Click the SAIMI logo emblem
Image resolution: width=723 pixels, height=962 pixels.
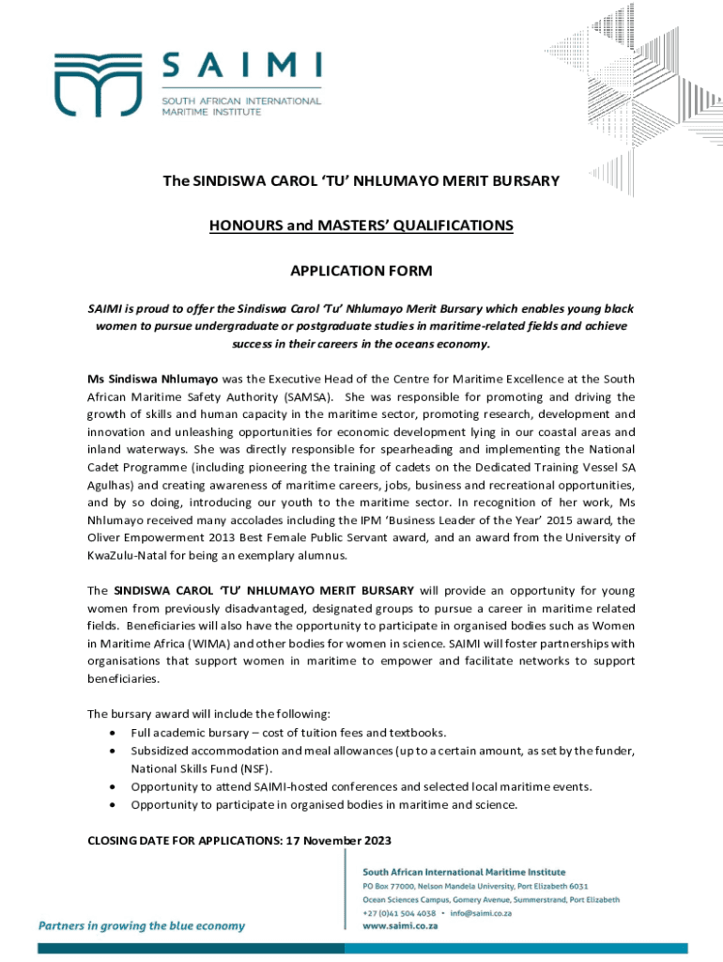pyautogui.click(x=89, y=85)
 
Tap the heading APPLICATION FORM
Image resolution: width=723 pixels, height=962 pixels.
pyautogui.click(x=361, y=272)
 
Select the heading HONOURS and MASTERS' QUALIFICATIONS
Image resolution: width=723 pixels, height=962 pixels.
pyautogui.click(x=361, y=225)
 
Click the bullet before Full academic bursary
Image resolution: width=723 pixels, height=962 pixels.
pyautogui.click(x=114, y=732)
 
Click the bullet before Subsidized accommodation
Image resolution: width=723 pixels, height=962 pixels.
pyautogui.click(x=114, y=750)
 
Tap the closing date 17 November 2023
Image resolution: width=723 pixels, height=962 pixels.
pyautogui.click(x=335, y=840)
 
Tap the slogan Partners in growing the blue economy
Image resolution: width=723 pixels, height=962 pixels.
pyautogui.click(x=141, y=925)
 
